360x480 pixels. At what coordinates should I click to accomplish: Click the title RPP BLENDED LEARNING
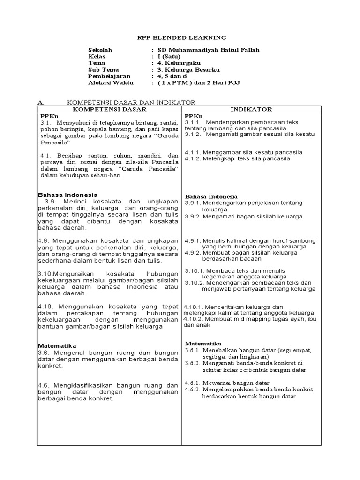pos(180,37)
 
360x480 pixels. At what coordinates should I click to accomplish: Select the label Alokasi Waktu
pos(111,82)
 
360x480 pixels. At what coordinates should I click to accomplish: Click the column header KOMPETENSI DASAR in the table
pos(109,109)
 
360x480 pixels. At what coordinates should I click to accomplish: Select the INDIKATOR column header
pos(251,109)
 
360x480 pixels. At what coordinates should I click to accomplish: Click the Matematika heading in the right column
pos(203,344)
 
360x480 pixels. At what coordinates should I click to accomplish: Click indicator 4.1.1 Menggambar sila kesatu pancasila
pos(243,152)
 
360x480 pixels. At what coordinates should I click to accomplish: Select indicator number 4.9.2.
pos(193,252)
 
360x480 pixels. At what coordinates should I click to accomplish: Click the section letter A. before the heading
pos(40,102)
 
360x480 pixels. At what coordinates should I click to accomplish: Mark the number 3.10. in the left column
pos(46,274)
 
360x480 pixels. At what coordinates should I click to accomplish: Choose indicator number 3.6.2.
pos(193,363)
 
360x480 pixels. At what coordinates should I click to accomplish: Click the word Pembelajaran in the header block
pos(109,76)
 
